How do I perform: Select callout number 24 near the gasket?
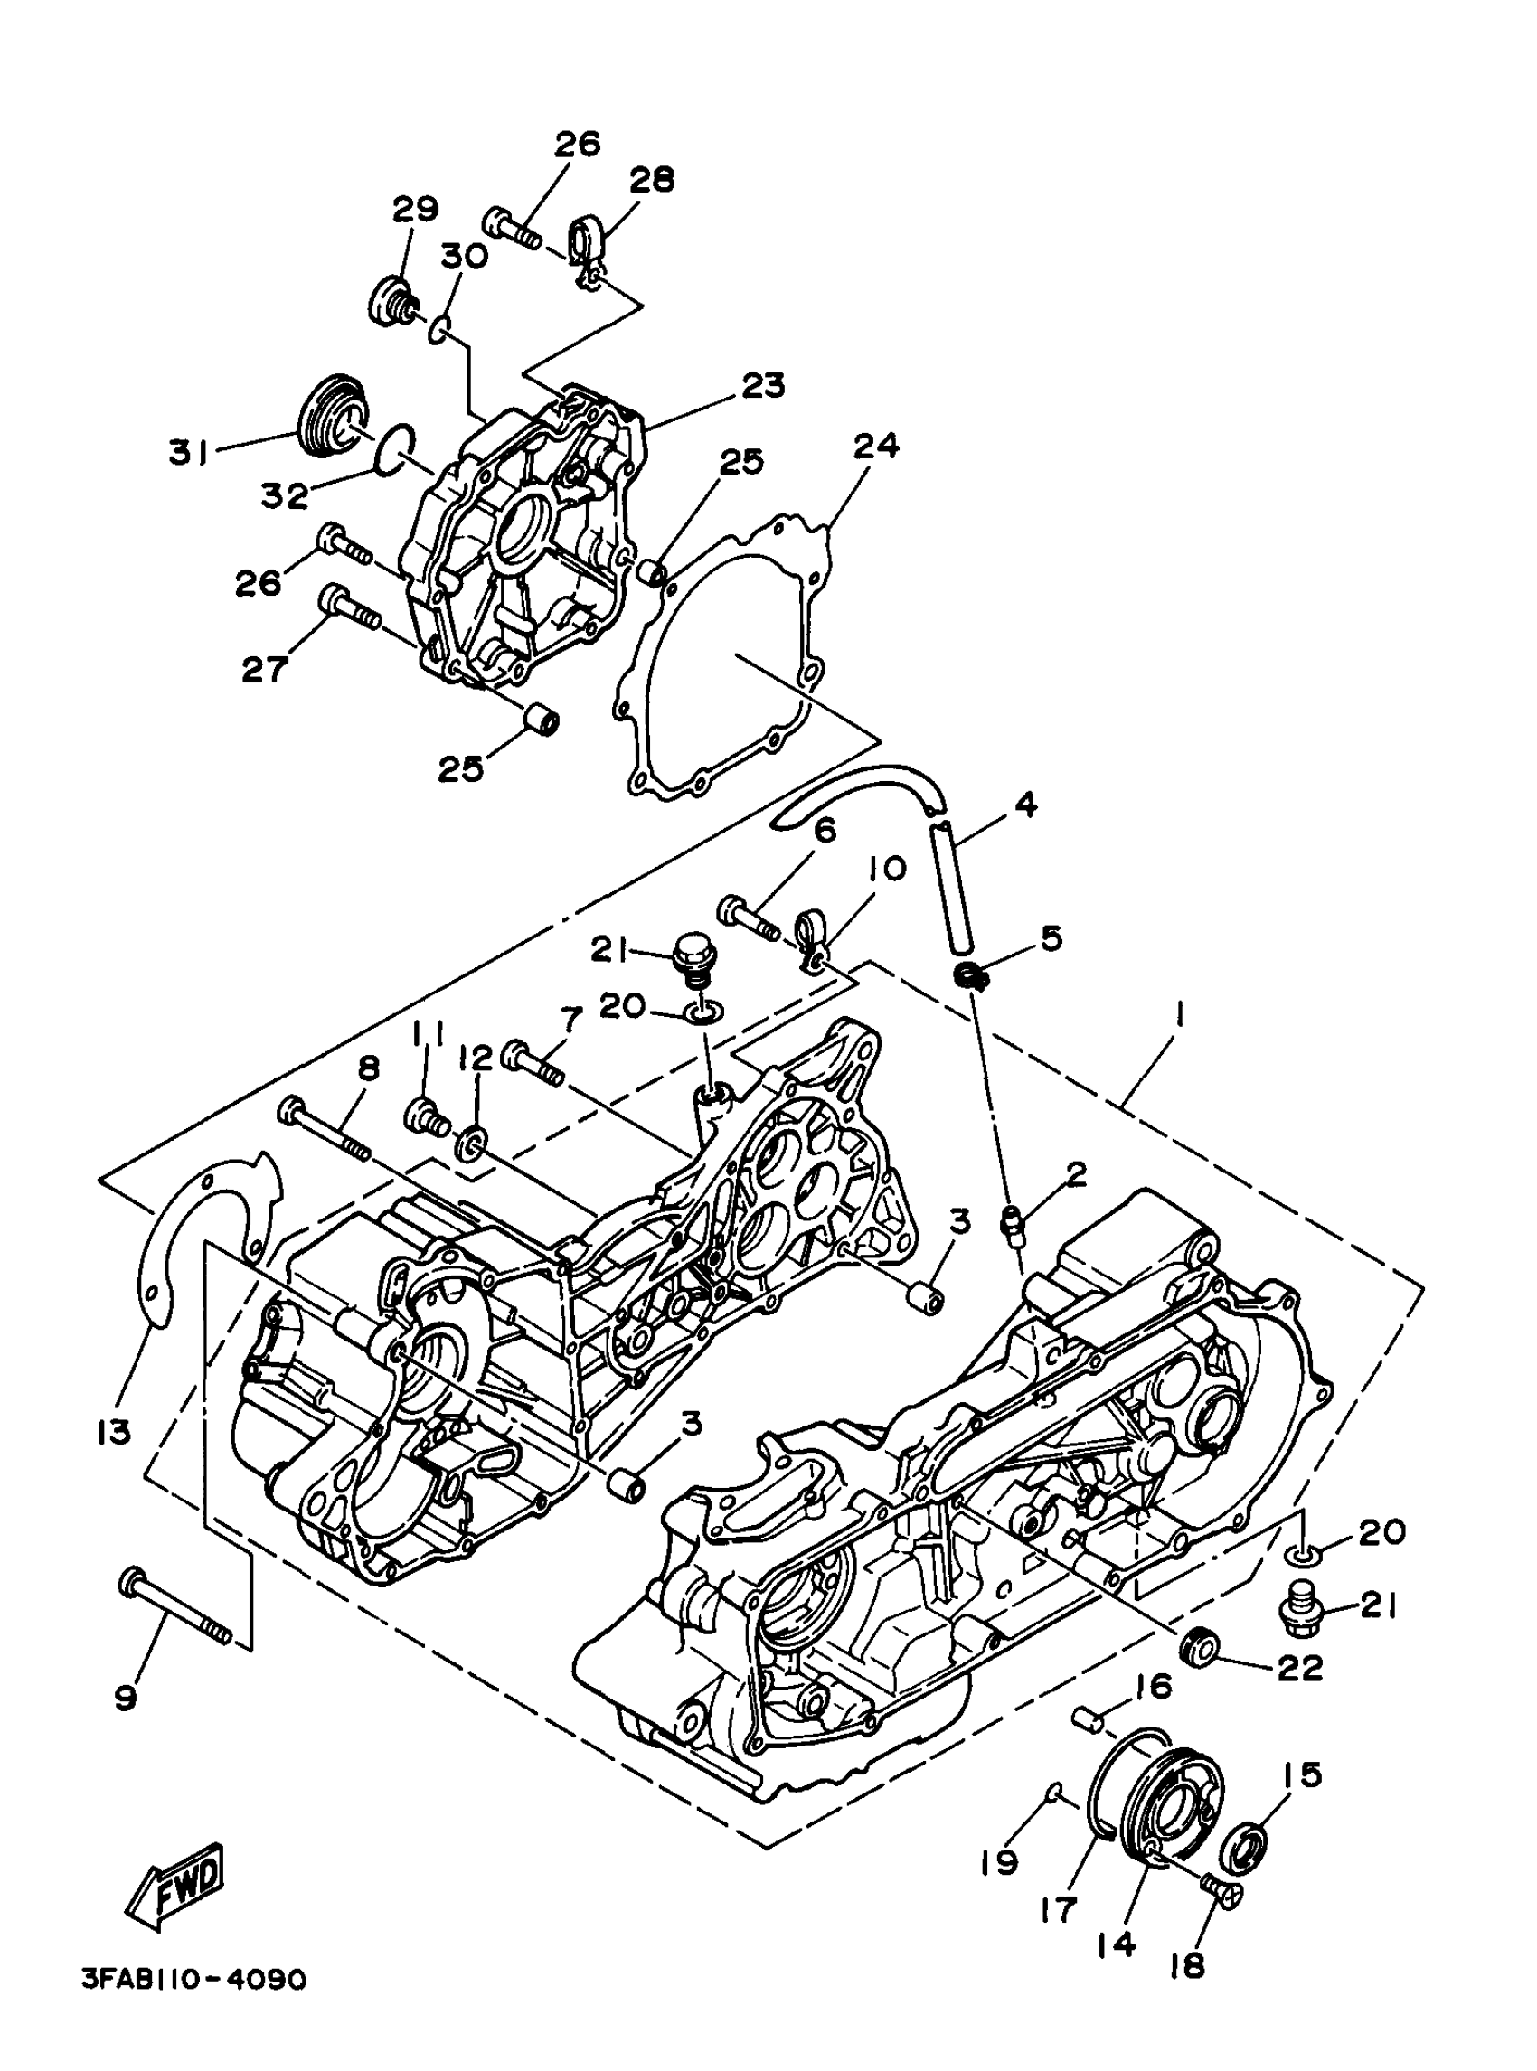[x=875, y=447]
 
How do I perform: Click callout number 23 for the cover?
[x=762, y=385]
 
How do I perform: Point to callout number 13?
[x=115, y=1433]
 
